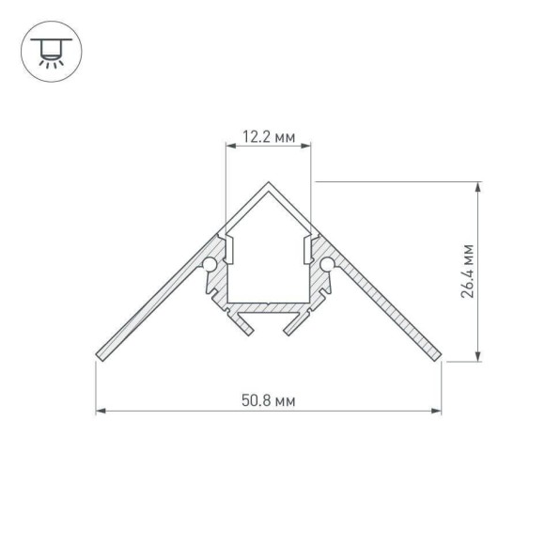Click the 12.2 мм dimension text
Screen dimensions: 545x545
269,137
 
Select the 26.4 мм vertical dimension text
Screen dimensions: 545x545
467,272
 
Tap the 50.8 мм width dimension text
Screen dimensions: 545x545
269,400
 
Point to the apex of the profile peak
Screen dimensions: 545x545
270,182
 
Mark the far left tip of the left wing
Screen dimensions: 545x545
99,356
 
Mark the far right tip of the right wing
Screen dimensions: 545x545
441,356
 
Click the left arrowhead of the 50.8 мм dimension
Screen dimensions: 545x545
101,411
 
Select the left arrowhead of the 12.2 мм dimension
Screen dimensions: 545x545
231,147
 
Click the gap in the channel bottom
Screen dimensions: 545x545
269,325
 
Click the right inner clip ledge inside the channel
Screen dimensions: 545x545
311,248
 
